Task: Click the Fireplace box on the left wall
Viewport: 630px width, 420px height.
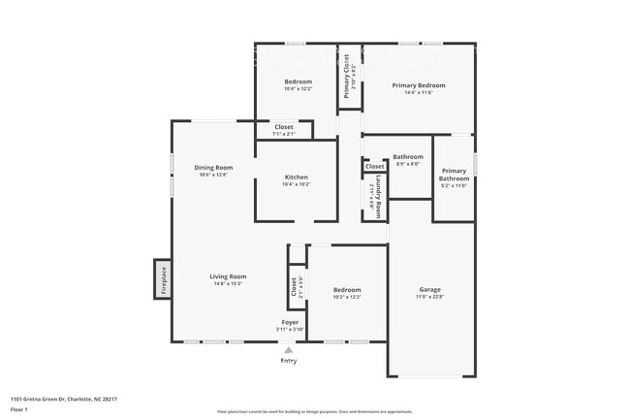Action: (x=164, y=279)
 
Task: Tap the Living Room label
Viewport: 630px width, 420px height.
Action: (x=228, y=276)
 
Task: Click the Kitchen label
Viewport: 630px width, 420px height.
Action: (x=296, y=177)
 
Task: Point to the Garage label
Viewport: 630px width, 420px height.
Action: (x=429, y=289)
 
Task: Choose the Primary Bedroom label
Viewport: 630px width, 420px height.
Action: (x=418, y=85)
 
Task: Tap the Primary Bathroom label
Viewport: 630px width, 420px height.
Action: (x=454, y=175)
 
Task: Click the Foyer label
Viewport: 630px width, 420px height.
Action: (x=290, y=322)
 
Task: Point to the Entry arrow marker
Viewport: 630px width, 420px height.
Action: (x=289, y=349)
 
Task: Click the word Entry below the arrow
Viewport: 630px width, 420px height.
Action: (x=289, y=361)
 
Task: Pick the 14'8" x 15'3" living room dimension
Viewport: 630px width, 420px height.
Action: (x=228, y=284)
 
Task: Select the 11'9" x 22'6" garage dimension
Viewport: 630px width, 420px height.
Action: (x=429, y=297)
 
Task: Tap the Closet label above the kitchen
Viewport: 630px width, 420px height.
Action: (x=284, y=126)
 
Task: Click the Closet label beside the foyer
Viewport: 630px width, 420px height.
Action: (x=294, y=287)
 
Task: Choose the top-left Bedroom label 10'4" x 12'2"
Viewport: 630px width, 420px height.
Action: (x=298, y=81)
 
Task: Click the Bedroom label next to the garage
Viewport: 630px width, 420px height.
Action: (x=347, y=289)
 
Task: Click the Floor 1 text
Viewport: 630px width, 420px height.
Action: (x=19, y=410)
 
